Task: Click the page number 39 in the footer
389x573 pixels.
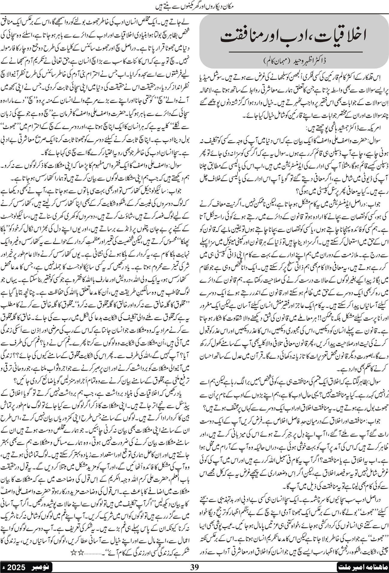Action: coord(194,567)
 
